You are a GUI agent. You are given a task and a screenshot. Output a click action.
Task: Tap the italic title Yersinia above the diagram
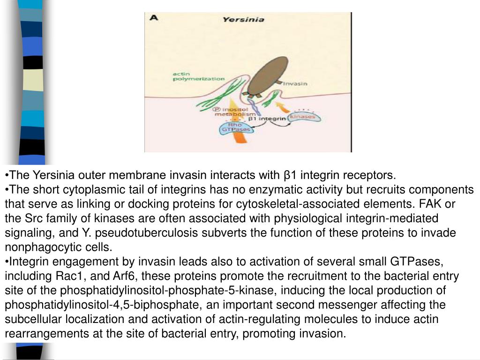point(243,20)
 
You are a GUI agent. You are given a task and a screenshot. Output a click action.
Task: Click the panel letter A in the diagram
point(153,18)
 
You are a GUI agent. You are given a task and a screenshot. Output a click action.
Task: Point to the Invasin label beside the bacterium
point(295,84)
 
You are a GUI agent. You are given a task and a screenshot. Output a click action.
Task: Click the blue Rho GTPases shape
point(236,127)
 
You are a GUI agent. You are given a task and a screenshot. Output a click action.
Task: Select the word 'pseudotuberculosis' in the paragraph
point(147,233)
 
